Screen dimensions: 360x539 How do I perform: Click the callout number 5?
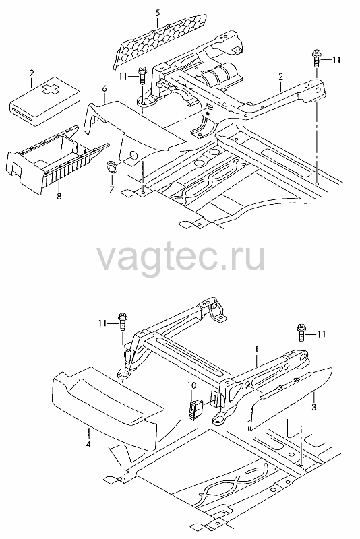(158, 13)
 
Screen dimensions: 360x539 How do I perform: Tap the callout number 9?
(32, 73)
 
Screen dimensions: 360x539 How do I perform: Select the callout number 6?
(104, 88)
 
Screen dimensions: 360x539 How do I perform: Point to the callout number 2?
(280, 76)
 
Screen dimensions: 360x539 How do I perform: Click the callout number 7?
(111, 189)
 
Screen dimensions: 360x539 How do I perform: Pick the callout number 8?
(59, 196)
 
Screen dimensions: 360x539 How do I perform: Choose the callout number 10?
(192, 385)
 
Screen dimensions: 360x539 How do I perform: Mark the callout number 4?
(88, 445)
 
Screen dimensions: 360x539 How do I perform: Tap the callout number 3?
(313, 408)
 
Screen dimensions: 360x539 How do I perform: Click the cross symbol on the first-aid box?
(49, 90)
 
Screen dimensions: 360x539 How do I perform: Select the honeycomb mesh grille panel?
(160, 40)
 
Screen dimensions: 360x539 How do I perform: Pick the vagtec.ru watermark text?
(181, 257)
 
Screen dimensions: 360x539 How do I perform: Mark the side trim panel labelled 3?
(291, 398)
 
